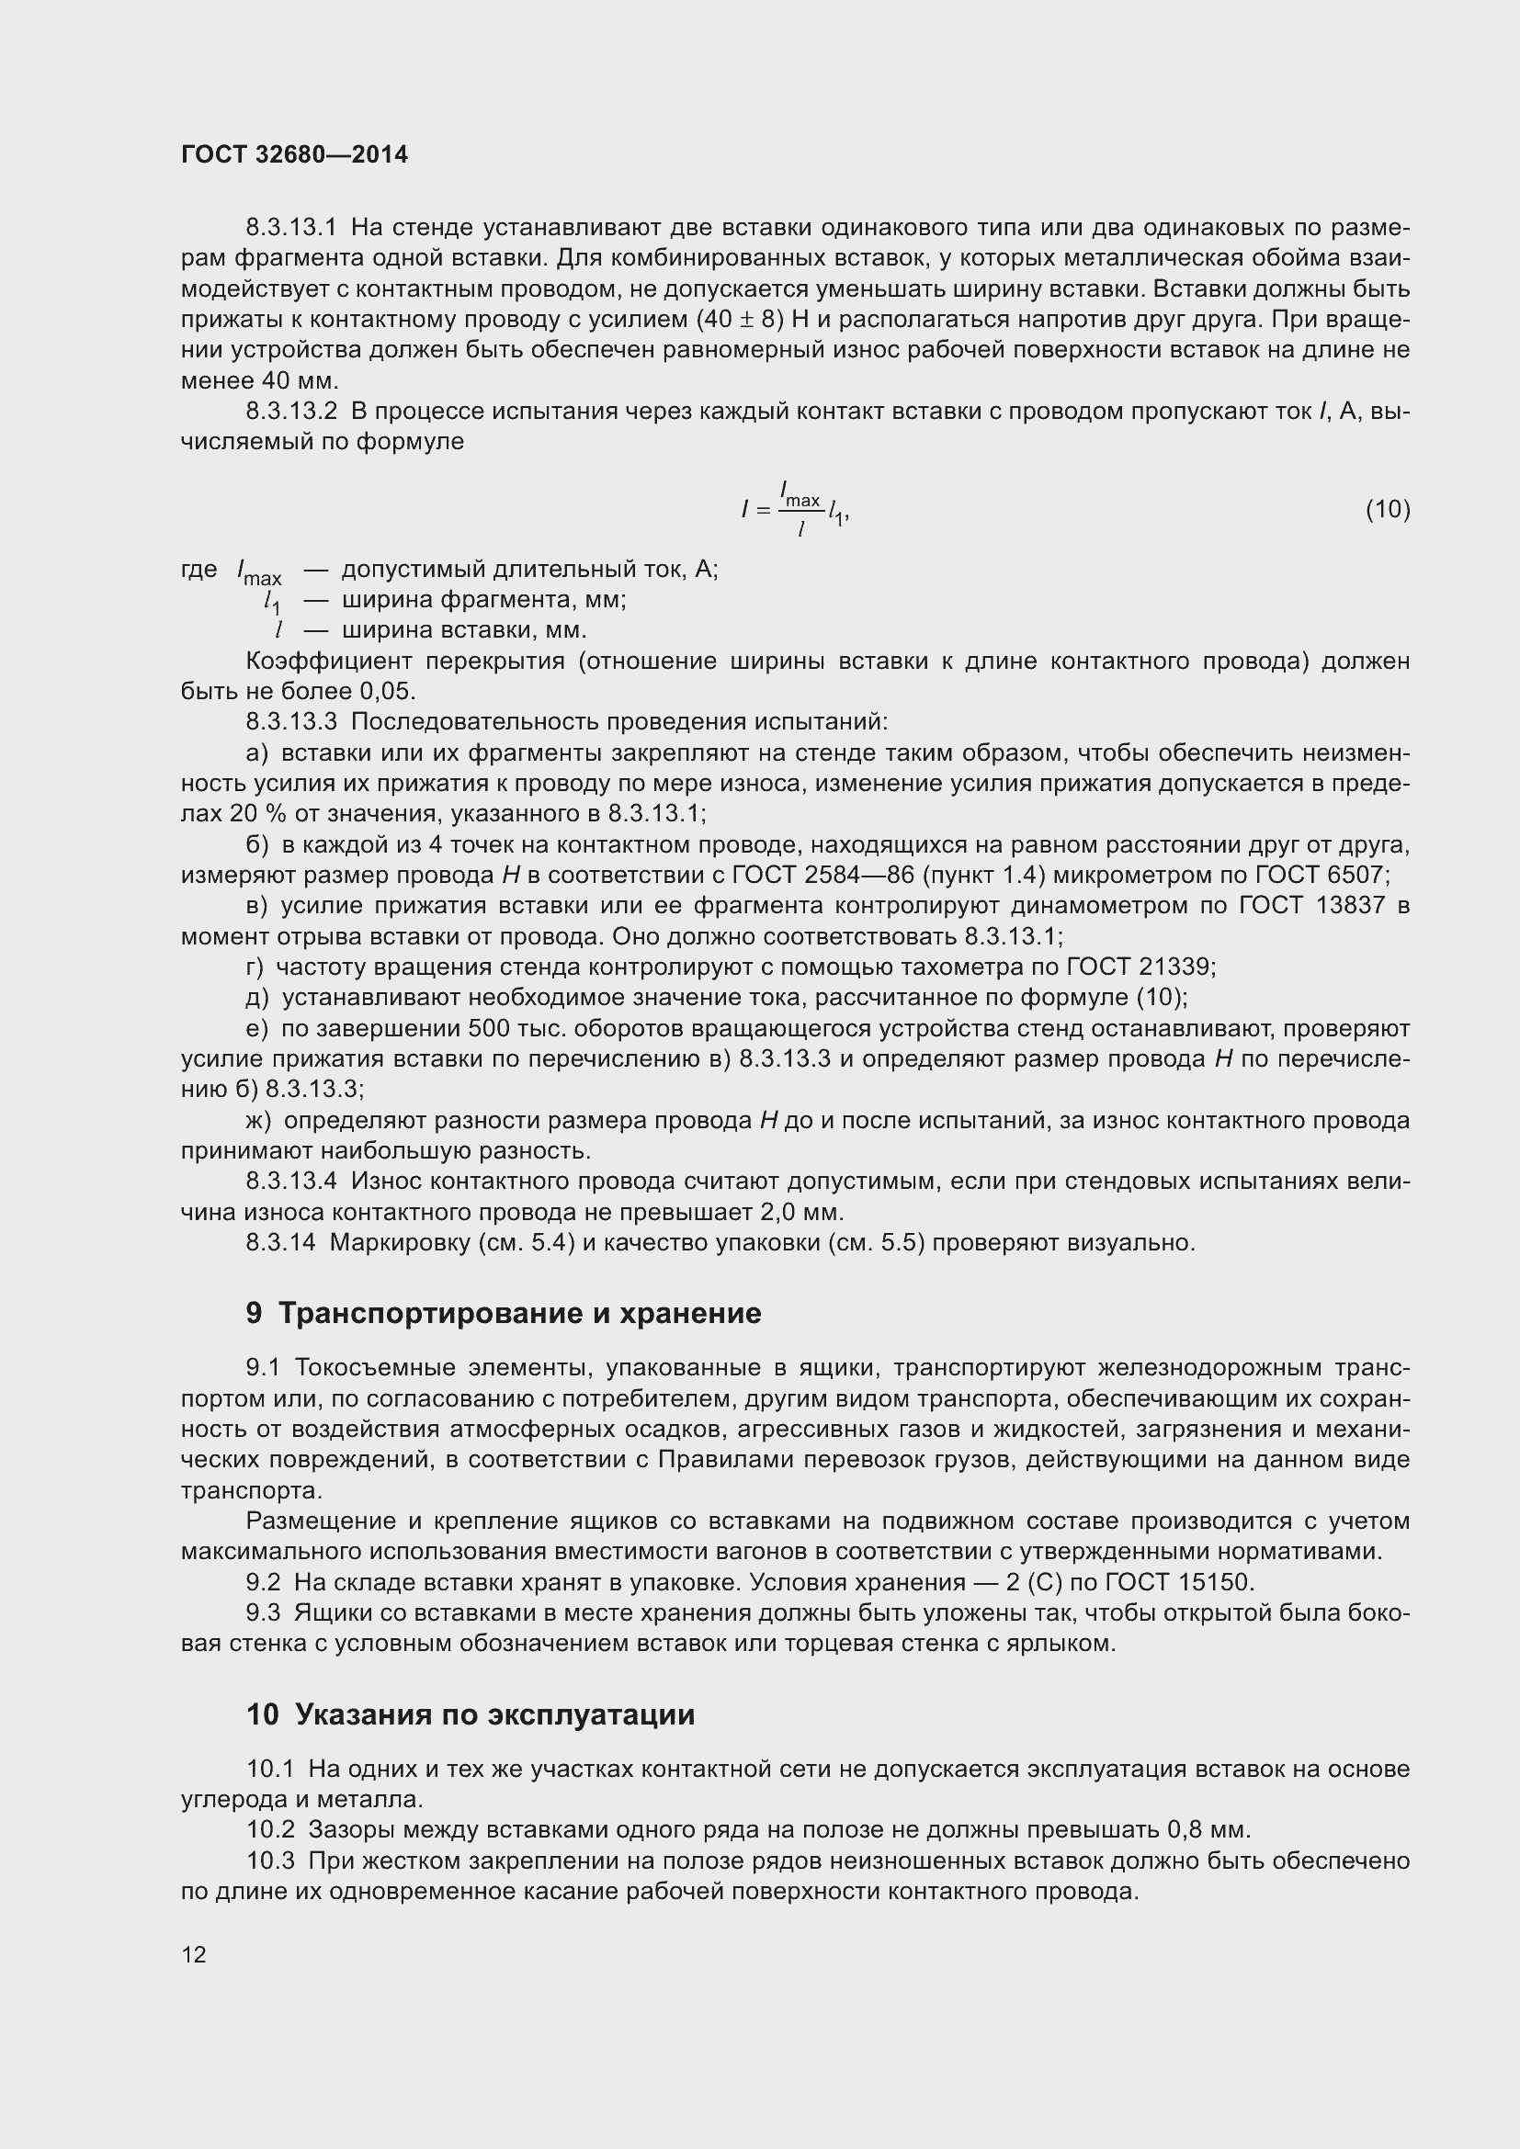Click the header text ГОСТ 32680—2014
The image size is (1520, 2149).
pyautogui.click(x=294, y=155)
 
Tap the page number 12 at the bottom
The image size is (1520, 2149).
pyautogui.click(x=194, y=1954)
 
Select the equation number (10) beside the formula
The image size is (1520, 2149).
pyautogui.click(x=1387, y=509)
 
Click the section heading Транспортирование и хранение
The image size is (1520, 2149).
pyautogui.click(x=519, y=1313)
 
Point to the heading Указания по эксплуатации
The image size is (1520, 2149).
pyautogui.click(x=494, y=1714)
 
